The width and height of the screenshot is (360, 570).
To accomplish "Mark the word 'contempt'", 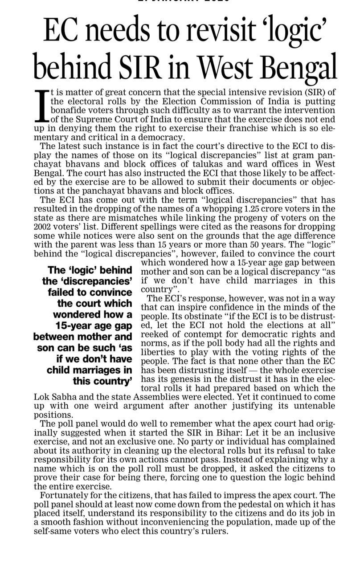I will pos(209,334).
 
